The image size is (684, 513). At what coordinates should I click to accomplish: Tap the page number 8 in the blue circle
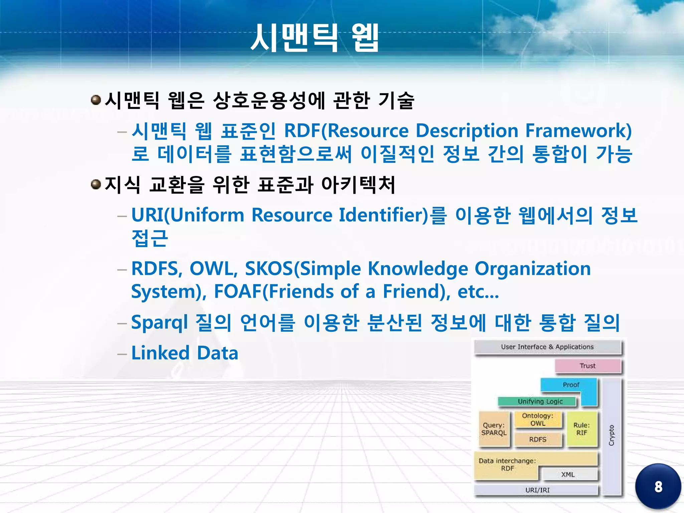[658, 487]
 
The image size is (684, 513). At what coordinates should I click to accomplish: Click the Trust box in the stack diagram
[587, 366]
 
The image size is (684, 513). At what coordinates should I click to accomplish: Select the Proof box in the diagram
[571, 385]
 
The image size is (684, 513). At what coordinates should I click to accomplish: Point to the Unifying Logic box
[540, 401]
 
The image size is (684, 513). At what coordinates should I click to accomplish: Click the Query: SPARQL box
[494, 429]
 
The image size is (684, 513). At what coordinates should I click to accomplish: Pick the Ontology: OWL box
[537, 419]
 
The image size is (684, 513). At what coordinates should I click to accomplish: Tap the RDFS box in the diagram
[537, 440]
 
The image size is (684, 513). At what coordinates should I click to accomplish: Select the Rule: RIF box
[581, 429]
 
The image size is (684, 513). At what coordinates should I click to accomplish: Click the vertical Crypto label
[611, 435]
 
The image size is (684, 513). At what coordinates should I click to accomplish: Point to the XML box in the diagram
[568, 474]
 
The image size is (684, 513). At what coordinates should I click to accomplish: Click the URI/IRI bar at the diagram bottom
[537, 490]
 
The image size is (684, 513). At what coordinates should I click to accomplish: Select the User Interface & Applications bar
[547, 347]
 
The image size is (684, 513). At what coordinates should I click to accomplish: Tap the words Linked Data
[185, 353]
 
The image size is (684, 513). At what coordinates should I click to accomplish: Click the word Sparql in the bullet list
[160, 323]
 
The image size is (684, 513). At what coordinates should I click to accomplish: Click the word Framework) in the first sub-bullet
[578, 131]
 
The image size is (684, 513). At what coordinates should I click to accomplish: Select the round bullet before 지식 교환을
[96, 184]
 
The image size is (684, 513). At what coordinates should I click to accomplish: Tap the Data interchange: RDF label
[507, 465]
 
